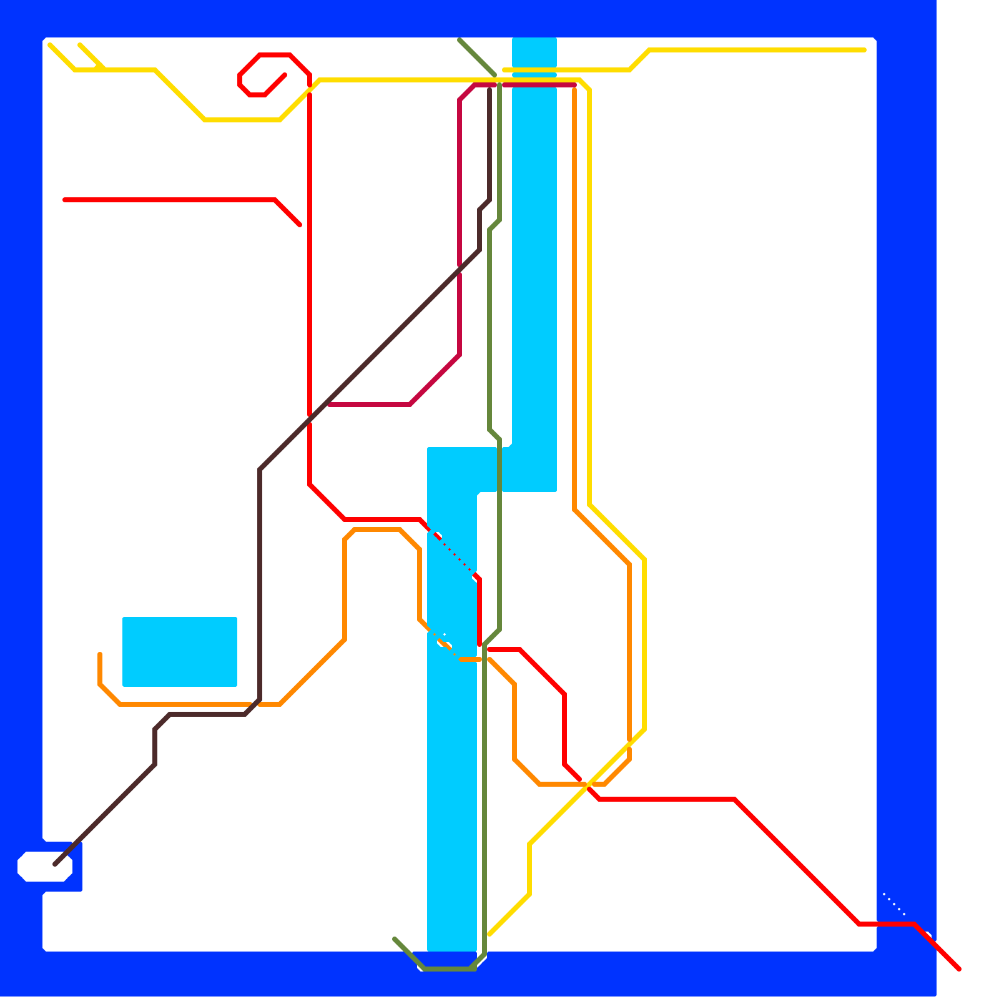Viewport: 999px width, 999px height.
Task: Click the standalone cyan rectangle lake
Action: pos(180,651)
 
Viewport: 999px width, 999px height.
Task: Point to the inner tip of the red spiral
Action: pos(285,76)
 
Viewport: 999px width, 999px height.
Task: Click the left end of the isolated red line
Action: pos(65,200)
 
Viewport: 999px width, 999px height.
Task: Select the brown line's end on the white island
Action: pos(56,865)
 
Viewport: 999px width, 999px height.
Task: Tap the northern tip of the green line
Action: pos(460,40)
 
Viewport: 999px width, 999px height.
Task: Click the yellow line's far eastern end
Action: pos(864,50)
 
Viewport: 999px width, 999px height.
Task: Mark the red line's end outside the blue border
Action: pos(959,969)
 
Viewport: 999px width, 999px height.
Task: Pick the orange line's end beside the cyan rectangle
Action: pos(100,654)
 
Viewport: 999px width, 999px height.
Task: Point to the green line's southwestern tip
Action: pos(395,938)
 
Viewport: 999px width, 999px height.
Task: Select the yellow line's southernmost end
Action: pos(490,935)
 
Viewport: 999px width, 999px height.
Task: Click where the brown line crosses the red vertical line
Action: pos(310,420)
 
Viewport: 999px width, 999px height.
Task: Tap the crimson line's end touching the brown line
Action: pos(329,405)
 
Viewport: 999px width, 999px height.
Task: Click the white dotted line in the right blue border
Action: pos(894,904)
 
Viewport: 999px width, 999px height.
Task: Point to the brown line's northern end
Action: pos(490,89)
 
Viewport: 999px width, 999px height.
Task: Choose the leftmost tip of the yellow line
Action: pos(50,45)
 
